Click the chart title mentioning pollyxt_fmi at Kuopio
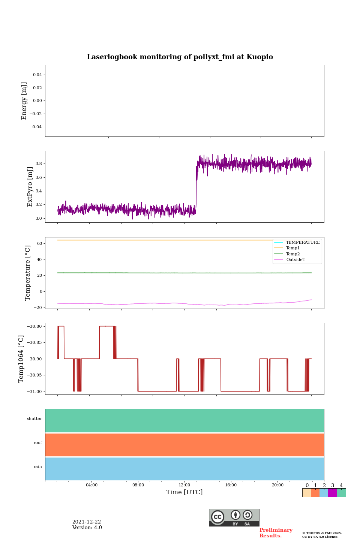(x=180, y=57)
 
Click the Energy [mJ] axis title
(x=24, y=101)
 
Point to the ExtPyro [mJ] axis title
(x=30, y=187)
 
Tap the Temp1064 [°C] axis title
(x=21, y=359)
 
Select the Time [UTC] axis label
(x=184, y=492)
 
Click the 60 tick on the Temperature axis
(x=39, y=244)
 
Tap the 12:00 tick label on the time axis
(x=184, y=485)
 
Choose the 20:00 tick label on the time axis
(x=277, y=485)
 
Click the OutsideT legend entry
(x=295, y=260)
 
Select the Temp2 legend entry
(x=293, y=254)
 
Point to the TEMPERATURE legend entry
(x=303, y=243)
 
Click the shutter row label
(x=34, y=419)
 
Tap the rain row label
(x=38, y=467)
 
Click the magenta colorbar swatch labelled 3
(x=332, y=493)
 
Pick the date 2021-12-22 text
(x=87, y=522)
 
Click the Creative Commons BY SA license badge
(x=234, y=517)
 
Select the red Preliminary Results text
(x=276, y=533)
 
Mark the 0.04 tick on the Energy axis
(x=37, y=75)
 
